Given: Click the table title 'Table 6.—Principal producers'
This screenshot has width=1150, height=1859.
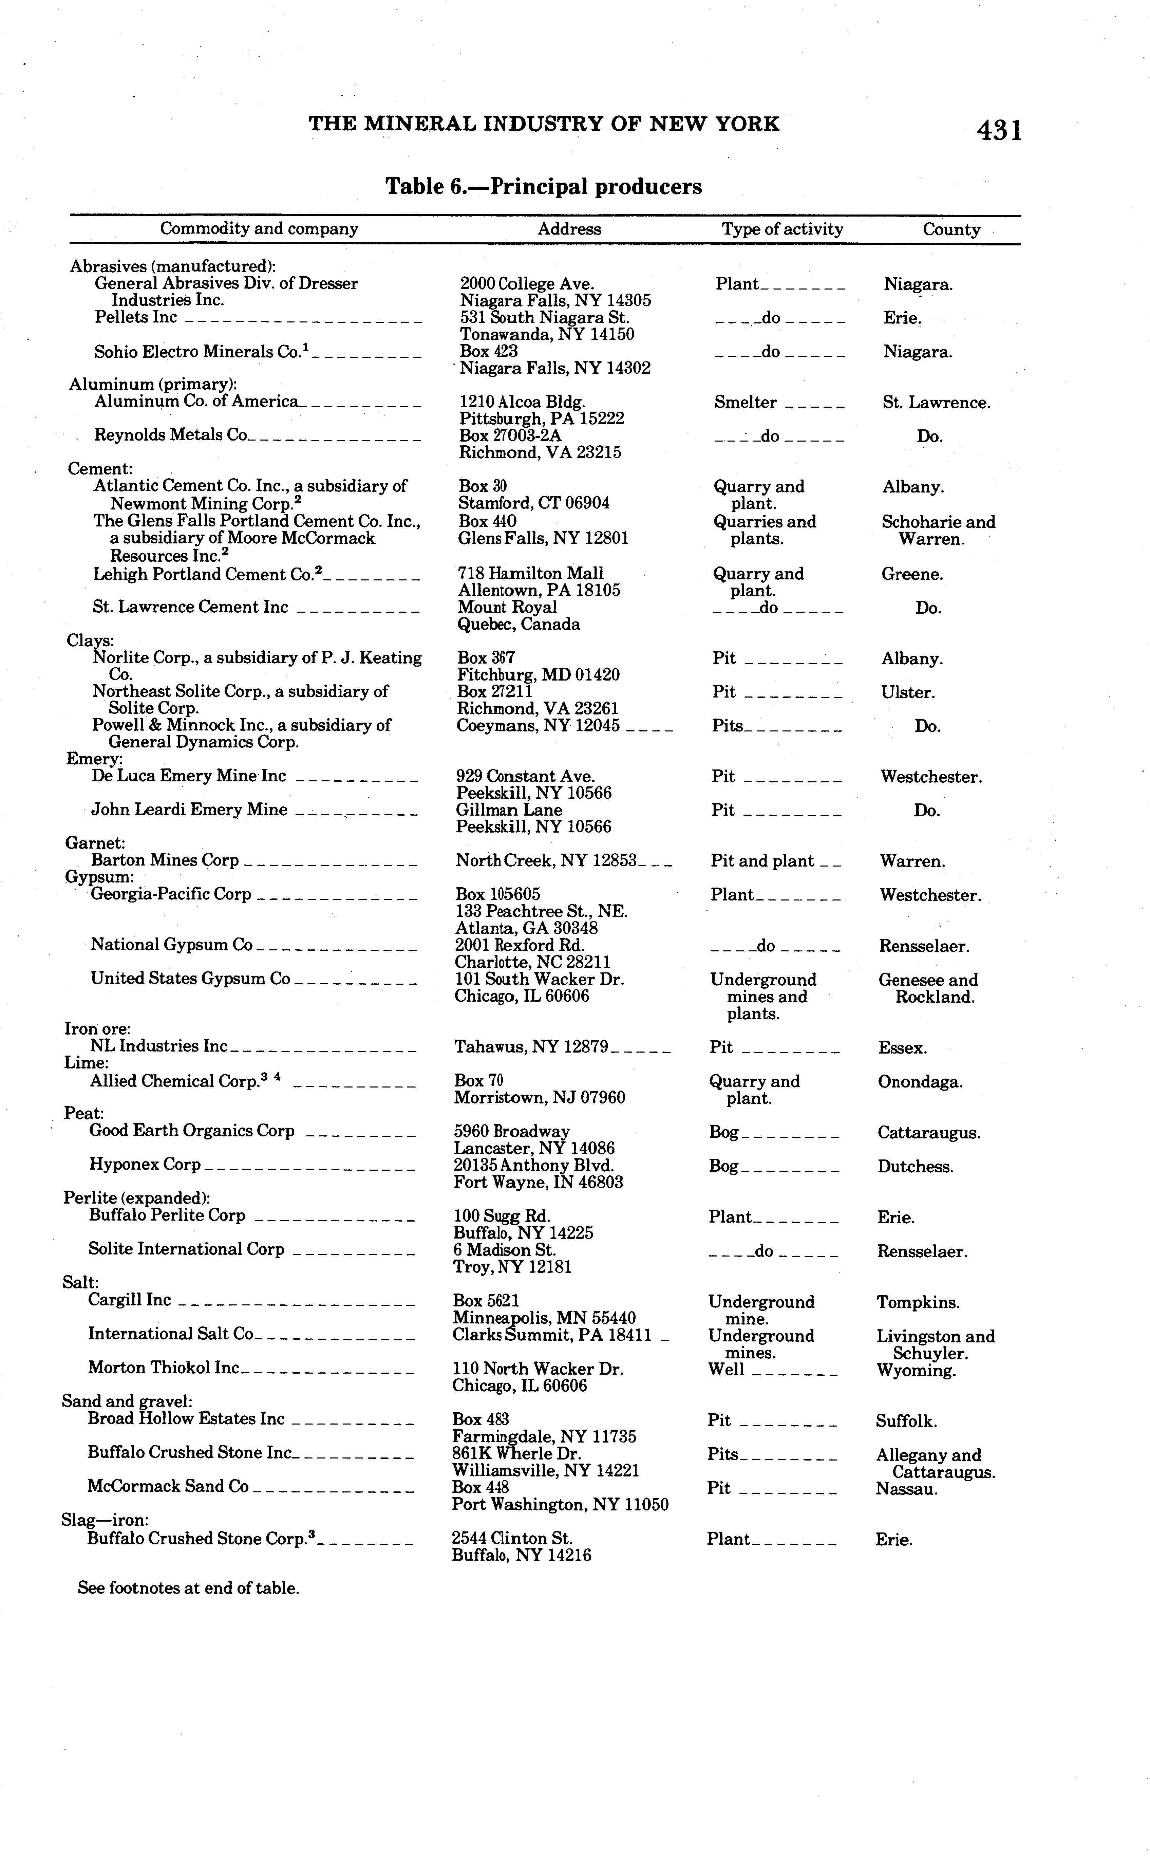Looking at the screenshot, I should click(x=543, y=186).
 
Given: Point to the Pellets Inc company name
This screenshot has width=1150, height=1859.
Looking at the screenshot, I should click(x=135, y=317).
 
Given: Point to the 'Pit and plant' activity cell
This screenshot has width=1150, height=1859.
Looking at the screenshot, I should click(x=762, y=861).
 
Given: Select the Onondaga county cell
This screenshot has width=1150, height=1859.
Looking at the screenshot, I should click(x=920, y=1082).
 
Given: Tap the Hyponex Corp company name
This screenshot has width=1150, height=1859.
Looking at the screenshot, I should click(x=145, y=1165).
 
